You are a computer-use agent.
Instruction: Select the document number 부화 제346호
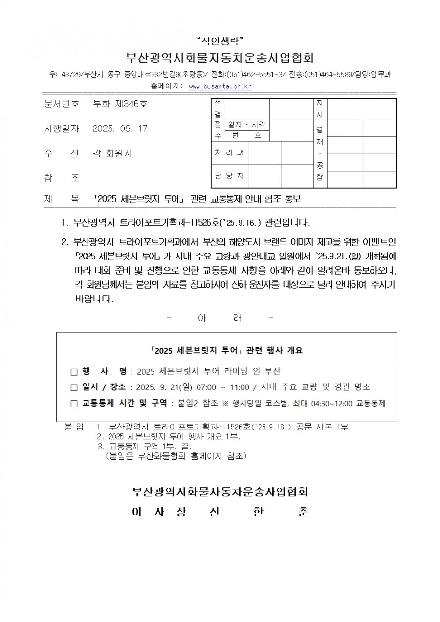point(119,104)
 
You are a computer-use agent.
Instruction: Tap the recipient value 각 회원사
point(112,153)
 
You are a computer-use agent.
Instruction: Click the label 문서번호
point(62,104)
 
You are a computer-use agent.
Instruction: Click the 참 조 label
point(62,178)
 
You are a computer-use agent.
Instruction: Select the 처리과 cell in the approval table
point(229,153)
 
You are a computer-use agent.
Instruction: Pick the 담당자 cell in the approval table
point(229,176)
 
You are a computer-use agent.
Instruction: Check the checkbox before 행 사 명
point(74,372)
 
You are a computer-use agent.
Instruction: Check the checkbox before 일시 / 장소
point(74,387)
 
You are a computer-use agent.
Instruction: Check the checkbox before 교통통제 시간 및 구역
point(74,404)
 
